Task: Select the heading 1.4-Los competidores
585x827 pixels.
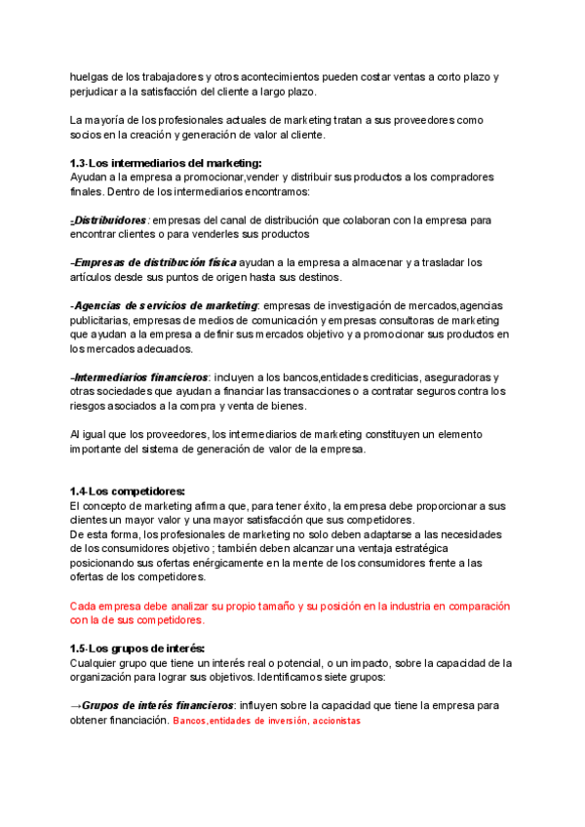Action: point(128,492)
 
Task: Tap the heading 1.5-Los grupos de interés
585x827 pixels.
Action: point(137,649)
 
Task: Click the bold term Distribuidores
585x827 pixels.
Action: point(110,220)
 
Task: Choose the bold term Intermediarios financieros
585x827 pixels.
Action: point(140,377)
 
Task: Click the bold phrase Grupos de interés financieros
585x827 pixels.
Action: point(158,705)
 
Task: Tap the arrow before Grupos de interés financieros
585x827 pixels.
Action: point(76,705)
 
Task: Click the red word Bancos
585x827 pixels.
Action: point(189,721)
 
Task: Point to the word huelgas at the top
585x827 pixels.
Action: point(90,77)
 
